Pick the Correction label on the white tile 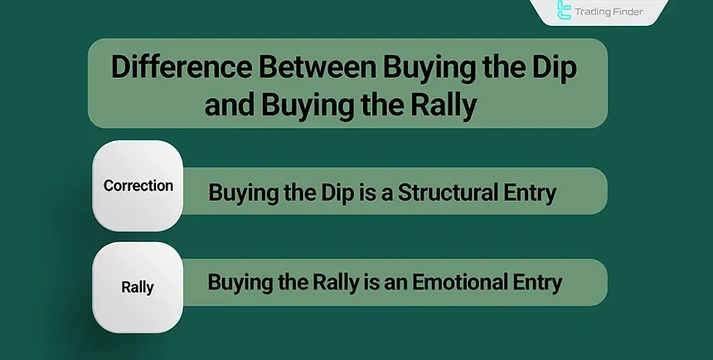137,186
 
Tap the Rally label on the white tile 137,288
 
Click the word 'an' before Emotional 400,283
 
